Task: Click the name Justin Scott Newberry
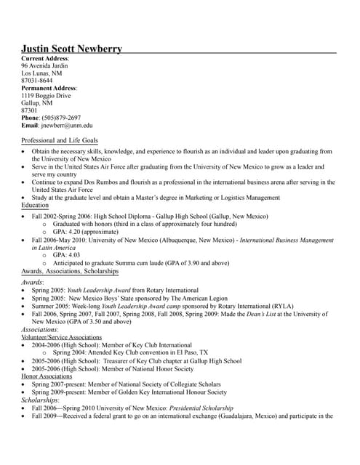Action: [x=71, y=49]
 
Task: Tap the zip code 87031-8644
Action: [x=37, y=81]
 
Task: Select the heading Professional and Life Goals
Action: [x=60, y=140]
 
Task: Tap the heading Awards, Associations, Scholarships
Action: [x=70, y=270]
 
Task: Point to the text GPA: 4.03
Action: [x=66, y=255]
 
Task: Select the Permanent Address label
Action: [x=48, y=88]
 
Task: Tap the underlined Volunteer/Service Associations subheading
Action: [x=61, y=338]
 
